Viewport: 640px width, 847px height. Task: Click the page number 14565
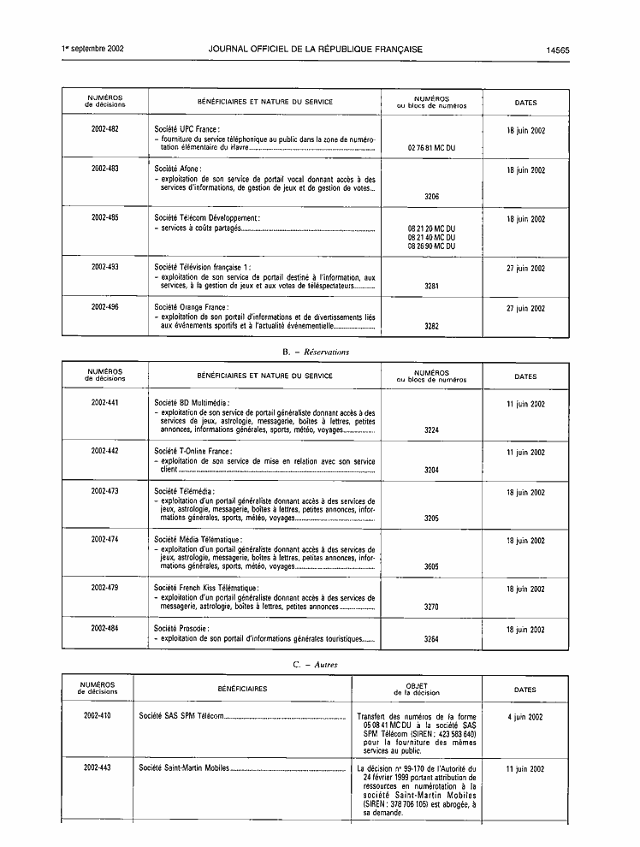click(x=557, y=50)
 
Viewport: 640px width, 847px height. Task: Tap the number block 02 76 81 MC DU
click(x=431, y=148)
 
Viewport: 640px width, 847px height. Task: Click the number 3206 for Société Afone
click(x=431, y=197)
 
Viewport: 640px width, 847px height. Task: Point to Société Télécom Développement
click(x=207, y=218)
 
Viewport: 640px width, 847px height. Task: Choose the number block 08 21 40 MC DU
click(x=431, y=237)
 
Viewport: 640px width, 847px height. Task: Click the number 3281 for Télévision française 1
click(x=431, y=286)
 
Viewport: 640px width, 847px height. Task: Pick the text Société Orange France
click(x=191, y=307)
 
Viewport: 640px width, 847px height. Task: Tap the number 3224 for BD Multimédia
click(x=431, y=430)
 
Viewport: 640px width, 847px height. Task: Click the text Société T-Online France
click(x=193, y=451)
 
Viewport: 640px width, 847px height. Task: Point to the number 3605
click(x=431, y=566)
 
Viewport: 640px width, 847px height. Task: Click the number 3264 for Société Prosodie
click(x=431, y=638)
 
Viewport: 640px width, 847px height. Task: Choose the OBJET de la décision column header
click(x=417, y=689)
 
